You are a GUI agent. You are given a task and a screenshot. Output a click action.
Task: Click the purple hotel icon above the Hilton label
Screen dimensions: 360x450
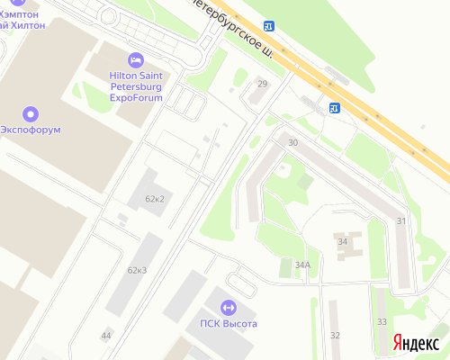pyautogui.click(x=135, y=60)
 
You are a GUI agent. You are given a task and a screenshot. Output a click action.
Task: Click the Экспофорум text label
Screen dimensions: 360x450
pyautogui.click(x=31, y=130)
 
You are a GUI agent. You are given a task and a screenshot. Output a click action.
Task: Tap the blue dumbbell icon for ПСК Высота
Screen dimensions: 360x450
pyautogui.click(x=228, y=308)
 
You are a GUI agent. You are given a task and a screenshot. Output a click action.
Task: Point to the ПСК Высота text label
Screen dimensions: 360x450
pyautogui.click(x=229, y=324)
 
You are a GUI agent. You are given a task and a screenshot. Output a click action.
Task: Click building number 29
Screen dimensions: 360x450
pyautogui.click(x=263, y=84)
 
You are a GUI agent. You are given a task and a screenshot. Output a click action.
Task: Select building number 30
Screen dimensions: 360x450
pyautogui.click(x=292, y=143)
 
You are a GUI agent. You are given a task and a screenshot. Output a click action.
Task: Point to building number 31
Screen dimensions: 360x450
pyautogui.click(x=401, y=221)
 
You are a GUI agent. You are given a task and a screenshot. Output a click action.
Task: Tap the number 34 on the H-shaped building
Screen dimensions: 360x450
pyautogui.click(x=342, y=242)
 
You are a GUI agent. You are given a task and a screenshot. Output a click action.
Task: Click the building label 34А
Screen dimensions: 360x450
pyautogui.click(x=302, y=265)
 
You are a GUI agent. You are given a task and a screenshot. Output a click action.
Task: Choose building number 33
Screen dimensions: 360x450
pyautogui.click(x=382, y=321)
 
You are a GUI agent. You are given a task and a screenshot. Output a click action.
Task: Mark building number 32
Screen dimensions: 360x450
pyautogui.click(x=335, y=335)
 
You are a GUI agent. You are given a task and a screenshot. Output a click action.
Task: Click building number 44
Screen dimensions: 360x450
pyautogui.click(x=106, y=335)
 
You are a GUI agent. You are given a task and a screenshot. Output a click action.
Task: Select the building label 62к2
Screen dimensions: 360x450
pyautogui.click(x=154, y=199)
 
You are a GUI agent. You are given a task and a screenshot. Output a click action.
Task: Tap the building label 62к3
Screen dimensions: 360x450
pyautogui.click(x=137, y=270)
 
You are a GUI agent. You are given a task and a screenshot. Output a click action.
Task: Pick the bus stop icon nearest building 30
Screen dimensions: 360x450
pyautogui.click(x=334, y=108)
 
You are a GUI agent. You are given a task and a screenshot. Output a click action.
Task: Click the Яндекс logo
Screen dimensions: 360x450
pyautogui.click(x=416, y=344)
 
